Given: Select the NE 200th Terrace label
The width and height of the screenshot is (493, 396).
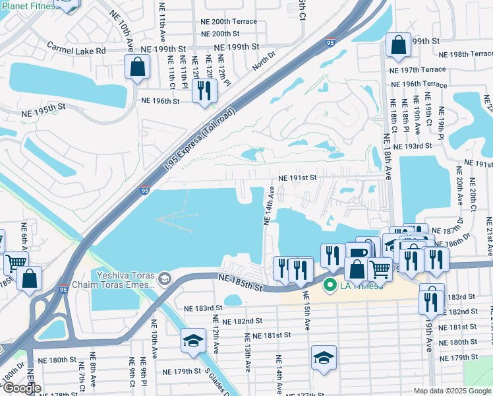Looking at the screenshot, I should (x=229, y=21).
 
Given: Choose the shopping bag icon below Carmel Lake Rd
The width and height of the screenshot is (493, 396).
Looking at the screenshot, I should (x=137, y=67).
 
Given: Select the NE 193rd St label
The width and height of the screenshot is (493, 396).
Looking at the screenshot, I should (x=413, y=145).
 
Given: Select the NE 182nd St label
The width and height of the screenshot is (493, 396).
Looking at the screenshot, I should (x=242, y=321).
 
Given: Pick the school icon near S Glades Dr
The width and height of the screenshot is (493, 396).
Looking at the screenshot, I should (x=192, y=341).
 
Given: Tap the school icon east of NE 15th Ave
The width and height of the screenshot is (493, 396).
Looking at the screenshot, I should (x=324, y=358).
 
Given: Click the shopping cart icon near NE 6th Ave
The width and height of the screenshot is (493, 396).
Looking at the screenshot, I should (x=16, y=263).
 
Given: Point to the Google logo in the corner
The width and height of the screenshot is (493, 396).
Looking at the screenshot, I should (x=22, y=388).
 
